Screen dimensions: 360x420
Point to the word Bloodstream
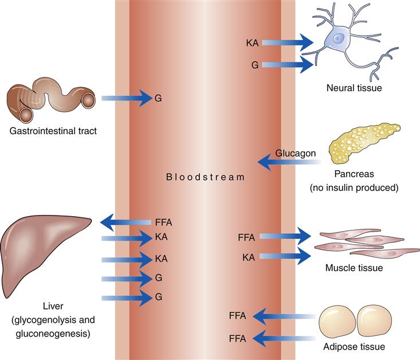[205, 177]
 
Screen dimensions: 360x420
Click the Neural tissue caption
[354, 88]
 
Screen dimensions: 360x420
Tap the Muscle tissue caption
[354, 267]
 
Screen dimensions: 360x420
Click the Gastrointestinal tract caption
[52, 130]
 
